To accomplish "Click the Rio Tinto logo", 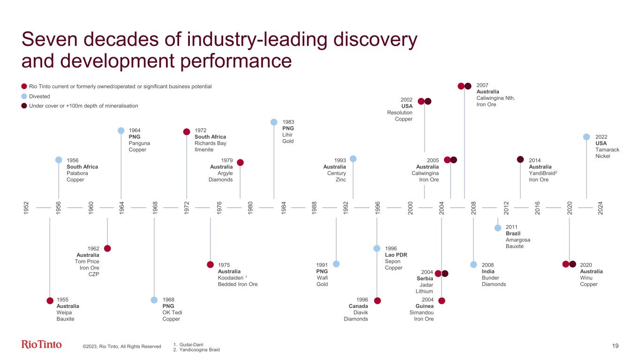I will pos(42,345).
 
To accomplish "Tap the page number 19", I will pos(615,346).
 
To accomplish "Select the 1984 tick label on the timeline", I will pos(284,207).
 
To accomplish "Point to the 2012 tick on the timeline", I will pos(506,207).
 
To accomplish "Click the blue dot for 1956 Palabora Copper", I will pos(59,160).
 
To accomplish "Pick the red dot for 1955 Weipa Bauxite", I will pos(50,300).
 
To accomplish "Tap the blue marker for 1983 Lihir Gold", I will pos(274,122).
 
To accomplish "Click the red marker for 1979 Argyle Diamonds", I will pos(241,163).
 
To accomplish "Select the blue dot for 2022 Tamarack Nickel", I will pos(586,137).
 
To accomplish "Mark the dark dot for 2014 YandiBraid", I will pos(520,159).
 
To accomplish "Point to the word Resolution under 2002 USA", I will pos(399,112).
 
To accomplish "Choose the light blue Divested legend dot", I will pos(24,96).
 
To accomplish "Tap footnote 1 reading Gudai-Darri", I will pos(190,344).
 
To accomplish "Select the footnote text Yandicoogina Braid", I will pos(200,350).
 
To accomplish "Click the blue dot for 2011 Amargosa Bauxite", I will pos(497,228).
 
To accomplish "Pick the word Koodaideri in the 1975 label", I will pos(230,278).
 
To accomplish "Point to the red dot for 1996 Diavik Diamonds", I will pos(377,300).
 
